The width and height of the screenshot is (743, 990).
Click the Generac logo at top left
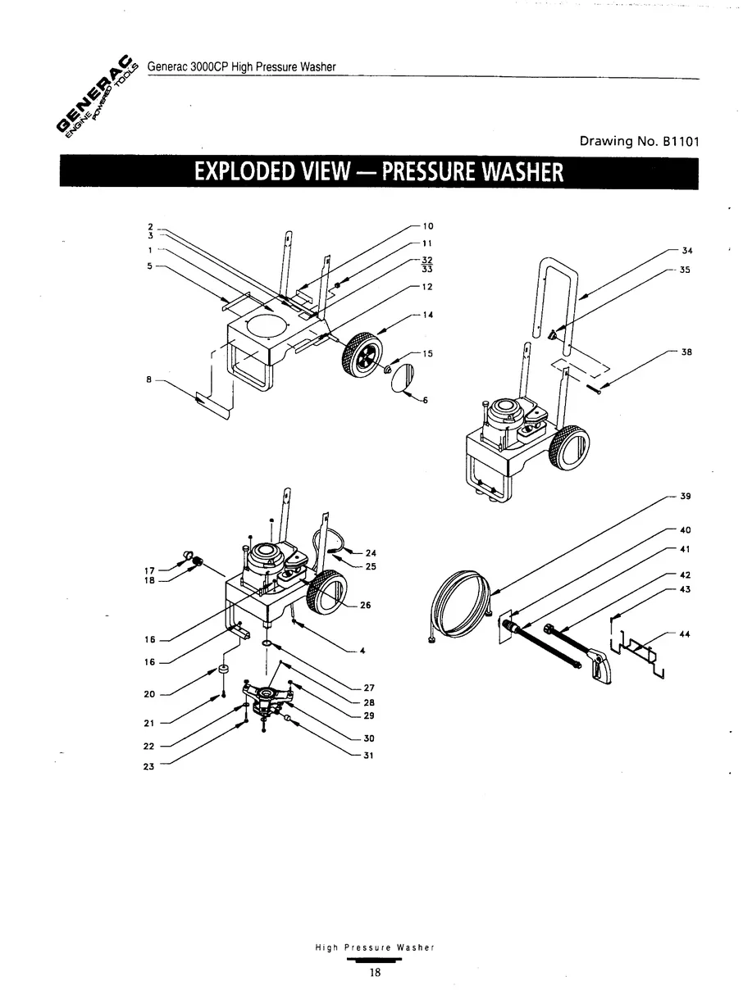97,97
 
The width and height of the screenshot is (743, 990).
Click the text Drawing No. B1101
639,141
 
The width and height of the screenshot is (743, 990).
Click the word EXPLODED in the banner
246,173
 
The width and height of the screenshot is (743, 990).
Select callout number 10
427,225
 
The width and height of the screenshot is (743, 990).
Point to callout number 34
686,251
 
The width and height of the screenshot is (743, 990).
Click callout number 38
686,352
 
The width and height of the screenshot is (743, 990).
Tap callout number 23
149,767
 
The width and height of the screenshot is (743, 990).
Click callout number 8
150,379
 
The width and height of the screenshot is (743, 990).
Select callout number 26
366,606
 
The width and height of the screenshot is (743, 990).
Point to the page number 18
375,973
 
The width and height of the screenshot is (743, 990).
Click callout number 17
149,570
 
